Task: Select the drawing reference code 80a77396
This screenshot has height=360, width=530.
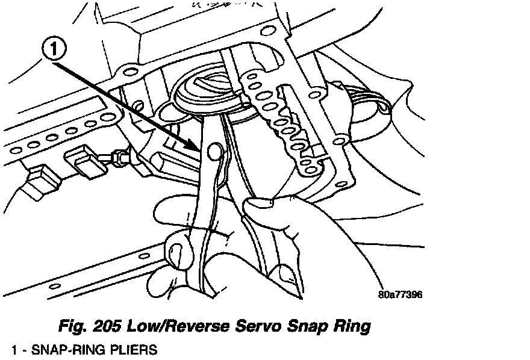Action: (x=401, y=296)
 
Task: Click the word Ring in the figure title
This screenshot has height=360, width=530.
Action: (x=349, y=327)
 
